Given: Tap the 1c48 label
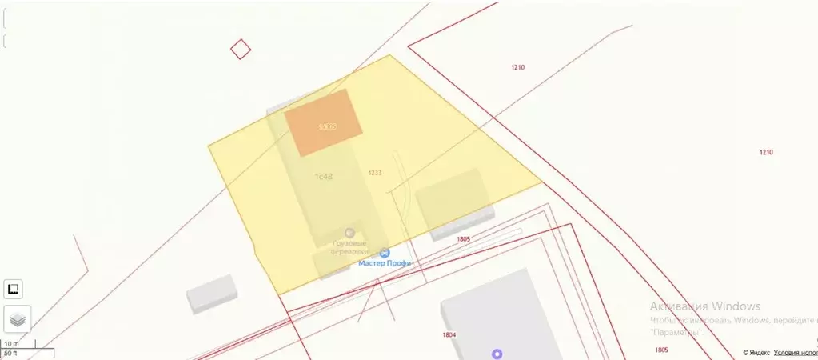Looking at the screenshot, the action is (323, 176).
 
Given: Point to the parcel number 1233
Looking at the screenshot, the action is (374, 173).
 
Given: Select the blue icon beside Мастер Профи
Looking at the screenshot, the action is (385, 253).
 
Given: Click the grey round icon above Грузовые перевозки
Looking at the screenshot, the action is (349, 232).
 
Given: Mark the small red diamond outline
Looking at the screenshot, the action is (241, 49).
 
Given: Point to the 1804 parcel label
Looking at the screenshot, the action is (449, 334).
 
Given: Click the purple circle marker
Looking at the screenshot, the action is (497, 353).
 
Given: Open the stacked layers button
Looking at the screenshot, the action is (18, 319).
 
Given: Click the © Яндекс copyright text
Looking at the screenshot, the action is (756, 352).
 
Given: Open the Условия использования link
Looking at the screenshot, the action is (796, 352).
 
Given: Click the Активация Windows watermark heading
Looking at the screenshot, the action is (704, 306).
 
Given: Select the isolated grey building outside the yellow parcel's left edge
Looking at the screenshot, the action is (212, 293).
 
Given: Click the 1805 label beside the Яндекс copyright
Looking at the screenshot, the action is (660, 350).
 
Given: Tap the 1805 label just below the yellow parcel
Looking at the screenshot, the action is (463, 238).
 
